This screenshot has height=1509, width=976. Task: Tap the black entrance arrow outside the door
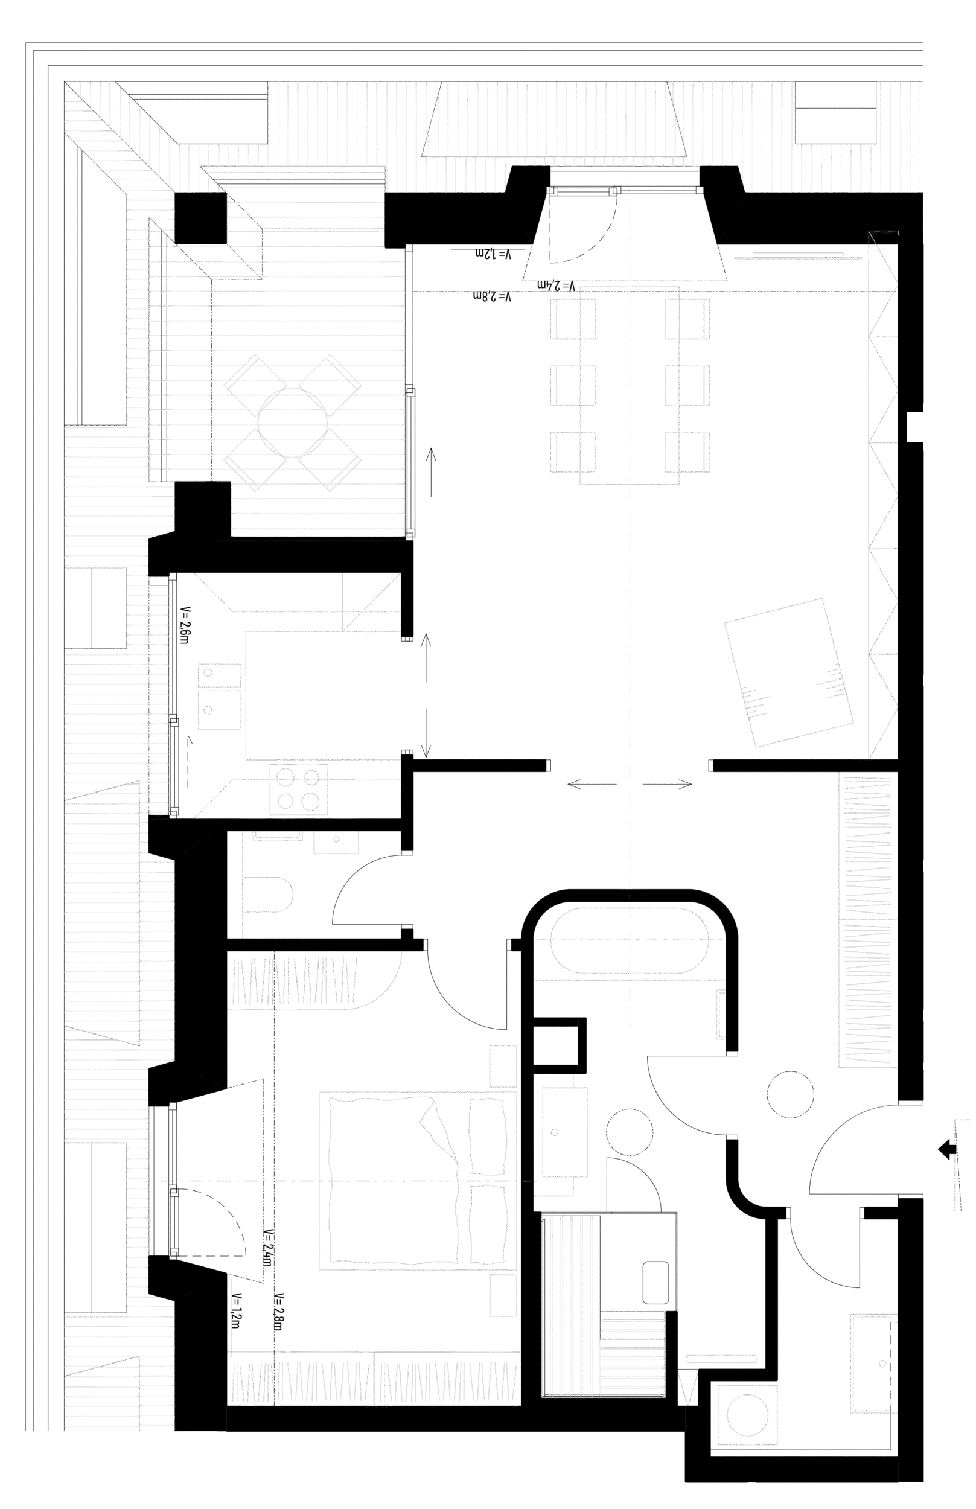click(x=948, y=1149)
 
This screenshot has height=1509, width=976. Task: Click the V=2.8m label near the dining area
click(x=492, y=296)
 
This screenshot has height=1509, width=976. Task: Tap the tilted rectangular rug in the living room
click(x=789, y=673)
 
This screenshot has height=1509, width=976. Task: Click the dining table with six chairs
click(x=630, y=385)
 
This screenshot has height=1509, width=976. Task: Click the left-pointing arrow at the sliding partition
click(x=592, y=785)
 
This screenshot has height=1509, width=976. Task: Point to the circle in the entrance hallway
click(x=789, y=1094)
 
